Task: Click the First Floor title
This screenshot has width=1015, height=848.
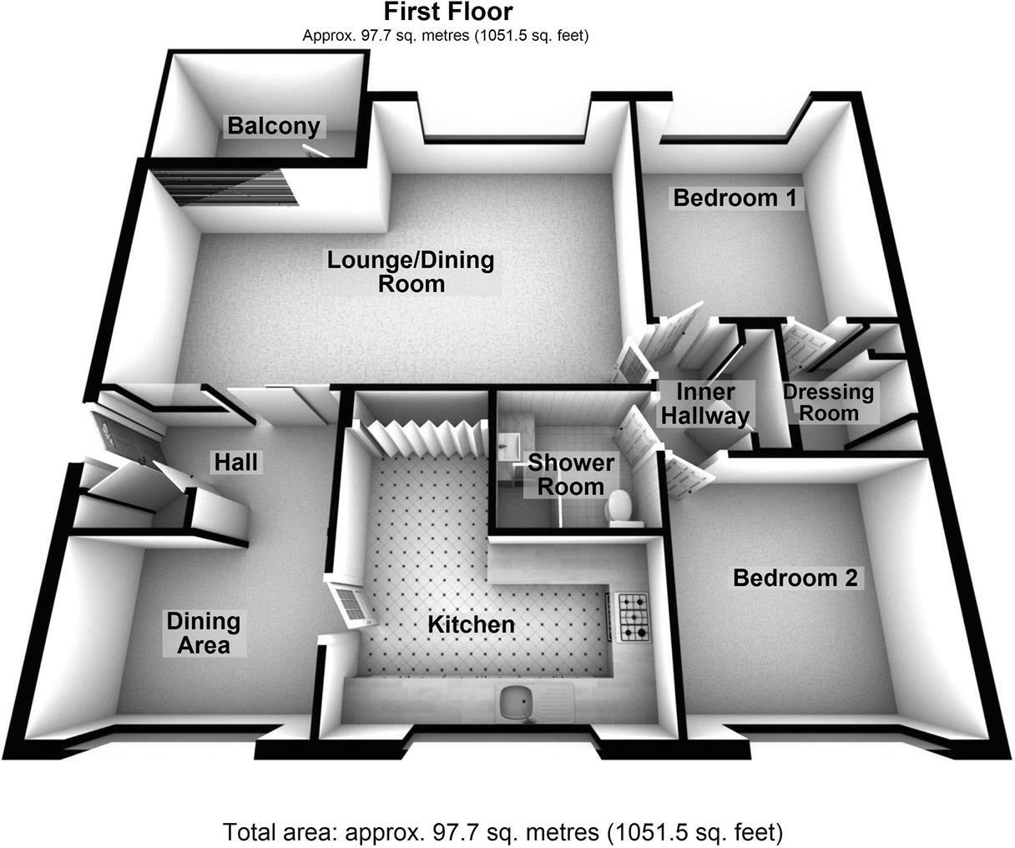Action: coord(448,12)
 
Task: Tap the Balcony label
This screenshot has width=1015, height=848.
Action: coord(274,125)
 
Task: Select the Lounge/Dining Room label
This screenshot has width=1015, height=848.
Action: coord(411,272)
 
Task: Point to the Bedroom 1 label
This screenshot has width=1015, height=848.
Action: coord(735,198)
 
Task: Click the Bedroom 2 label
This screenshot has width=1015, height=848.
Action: coord(795,578)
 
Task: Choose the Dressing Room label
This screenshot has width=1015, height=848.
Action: coord(829,402)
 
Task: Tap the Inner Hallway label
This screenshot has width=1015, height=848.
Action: coord(705,404)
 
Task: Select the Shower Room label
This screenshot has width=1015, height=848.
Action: coord(571,475)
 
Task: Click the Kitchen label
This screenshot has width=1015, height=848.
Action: coord(471,625)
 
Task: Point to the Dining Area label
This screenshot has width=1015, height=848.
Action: coord(204,633)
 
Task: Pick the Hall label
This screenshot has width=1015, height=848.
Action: coord(236,462)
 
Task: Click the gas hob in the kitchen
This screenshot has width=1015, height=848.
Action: coord(633,617)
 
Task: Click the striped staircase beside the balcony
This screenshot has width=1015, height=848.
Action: coord(224,187)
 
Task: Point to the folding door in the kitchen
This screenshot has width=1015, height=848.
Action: coord(420,438)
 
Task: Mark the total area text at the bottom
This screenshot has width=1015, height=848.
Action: coord(503,832)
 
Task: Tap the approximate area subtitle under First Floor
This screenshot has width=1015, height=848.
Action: coord(445,36)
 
